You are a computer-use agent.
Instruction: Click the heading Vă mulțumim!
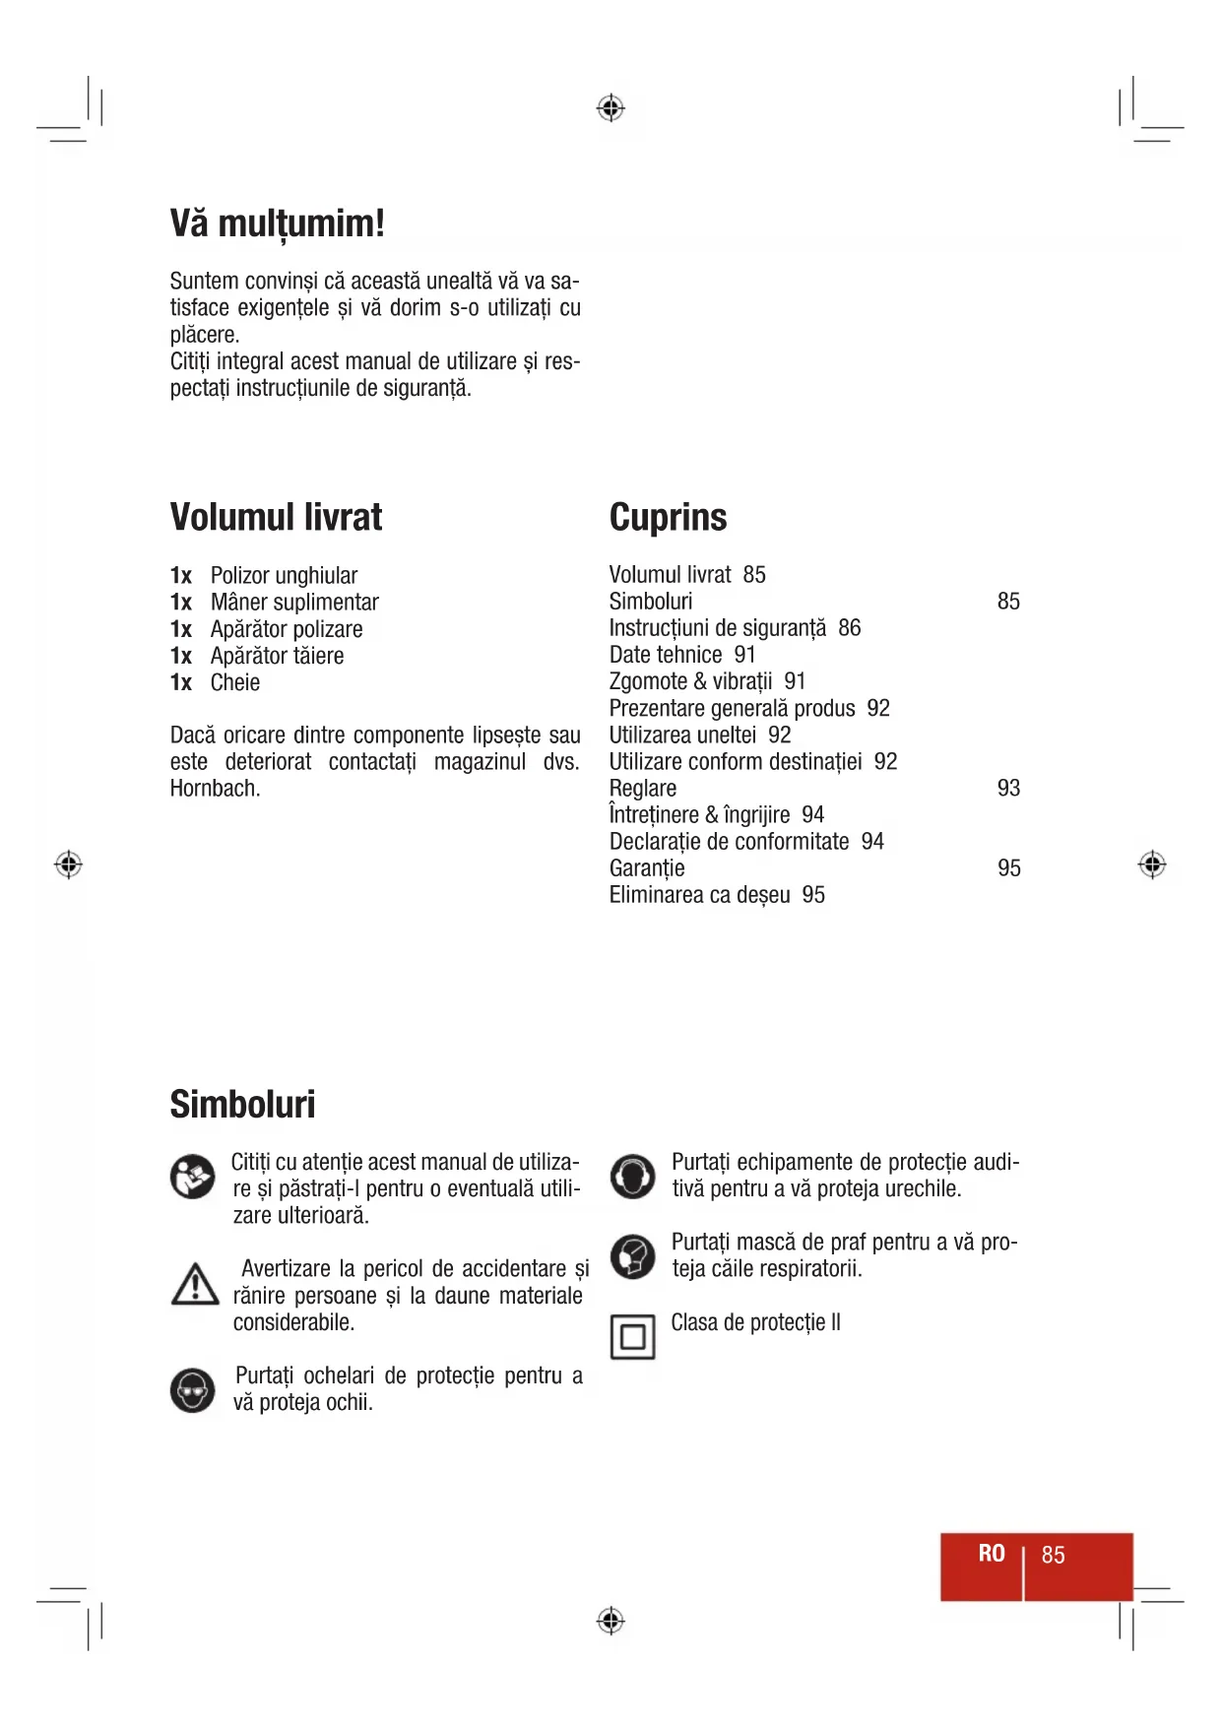click(x=277, y=224)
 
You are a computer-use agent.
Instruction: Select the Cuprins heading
click(x=668, y=517)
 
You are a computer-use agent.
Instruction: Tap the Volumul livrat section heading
click(x=276, y=517)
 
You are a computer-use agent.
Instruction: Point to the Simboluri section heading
click(x=242, y=1104)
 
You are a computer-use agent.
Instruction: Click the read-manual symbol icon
click(x=192, y=1177)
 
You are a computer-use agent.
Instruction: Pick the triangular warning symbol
click(x=195, y=1285)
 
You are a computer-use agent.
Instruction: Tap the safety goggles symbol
click(x=192, y=1390)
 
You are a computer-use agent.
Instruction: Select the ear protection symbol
click(x=632, y=1177)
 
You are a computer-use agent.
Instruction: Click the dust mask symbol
click(x=632, y=1256)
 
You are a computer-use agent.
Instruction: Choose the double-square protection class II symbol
click(x=632, y=1337)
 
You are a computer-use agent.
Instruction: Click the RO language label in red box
click(x=991, y=1554)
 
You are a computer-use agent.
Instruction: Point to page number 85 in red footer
click(x=1053, y=1555)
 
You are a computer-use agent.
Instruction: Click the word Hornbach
click(x=214, y=789)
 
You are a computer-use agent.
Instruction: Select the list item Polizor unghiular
click(x=284, y=576)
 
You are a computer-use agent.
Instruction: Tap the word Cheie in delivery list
click(x=235, y=682)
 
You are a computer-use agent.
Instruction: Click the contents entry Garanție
click(x=647, y=868)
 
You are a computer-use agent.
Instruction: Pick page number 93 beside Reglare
click(x=1008, y=788)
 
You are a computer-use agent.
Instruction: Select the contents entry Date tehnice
click(x=666, y=655)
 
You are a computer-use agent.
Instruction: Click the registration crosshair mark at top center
click(x=611, y=107)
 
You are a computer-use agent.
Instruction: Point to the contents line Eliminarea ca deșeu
click(x=699, y=895)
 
